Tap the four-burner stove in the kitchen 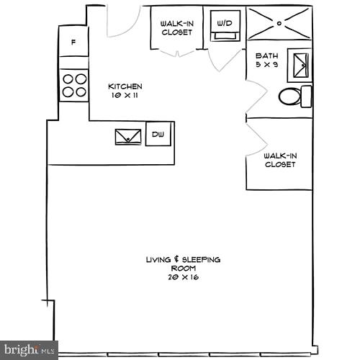[73, 85]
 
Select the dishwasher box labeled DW [158, 134]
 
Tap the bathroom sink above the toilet [300, 66]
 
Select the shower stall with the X [279, 23]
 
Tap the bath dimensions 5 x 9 [267, 64]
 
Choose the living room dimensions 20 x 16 [183, 276]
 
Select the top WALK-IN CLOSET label [176, 27]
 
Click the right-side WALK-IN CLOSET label [280, 160]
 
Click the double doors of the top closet [176, 52]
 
